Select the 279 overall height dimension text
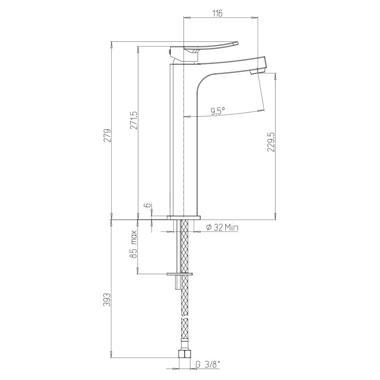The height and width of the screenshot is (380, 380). (x=108, y=136)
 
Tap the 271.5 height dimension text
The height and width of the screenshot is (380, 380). (x=133, y=121)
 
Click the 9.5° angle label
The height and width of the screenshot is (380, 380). (x=218, y=111)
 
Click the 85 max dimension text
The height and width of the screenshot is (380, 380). (x=133, y=249)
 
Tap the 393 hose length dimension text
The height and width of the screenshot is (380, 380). (x=108, y=300)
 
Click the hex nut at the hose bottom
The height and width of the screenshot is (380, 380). (x=184, y=355)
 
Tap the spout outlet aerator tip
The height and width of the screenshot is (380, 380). (x=257, y=71)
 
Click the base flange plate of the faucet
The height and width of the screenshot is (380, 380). (x=184, y=218)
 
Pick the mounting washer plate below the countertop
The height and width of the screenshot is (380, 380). (x=180, y=274)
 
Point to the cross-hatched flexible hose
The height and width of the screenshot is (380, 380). (x=185, y=304)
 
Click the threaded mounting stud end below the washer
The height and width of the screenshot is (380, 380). (x=177, y=283)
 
